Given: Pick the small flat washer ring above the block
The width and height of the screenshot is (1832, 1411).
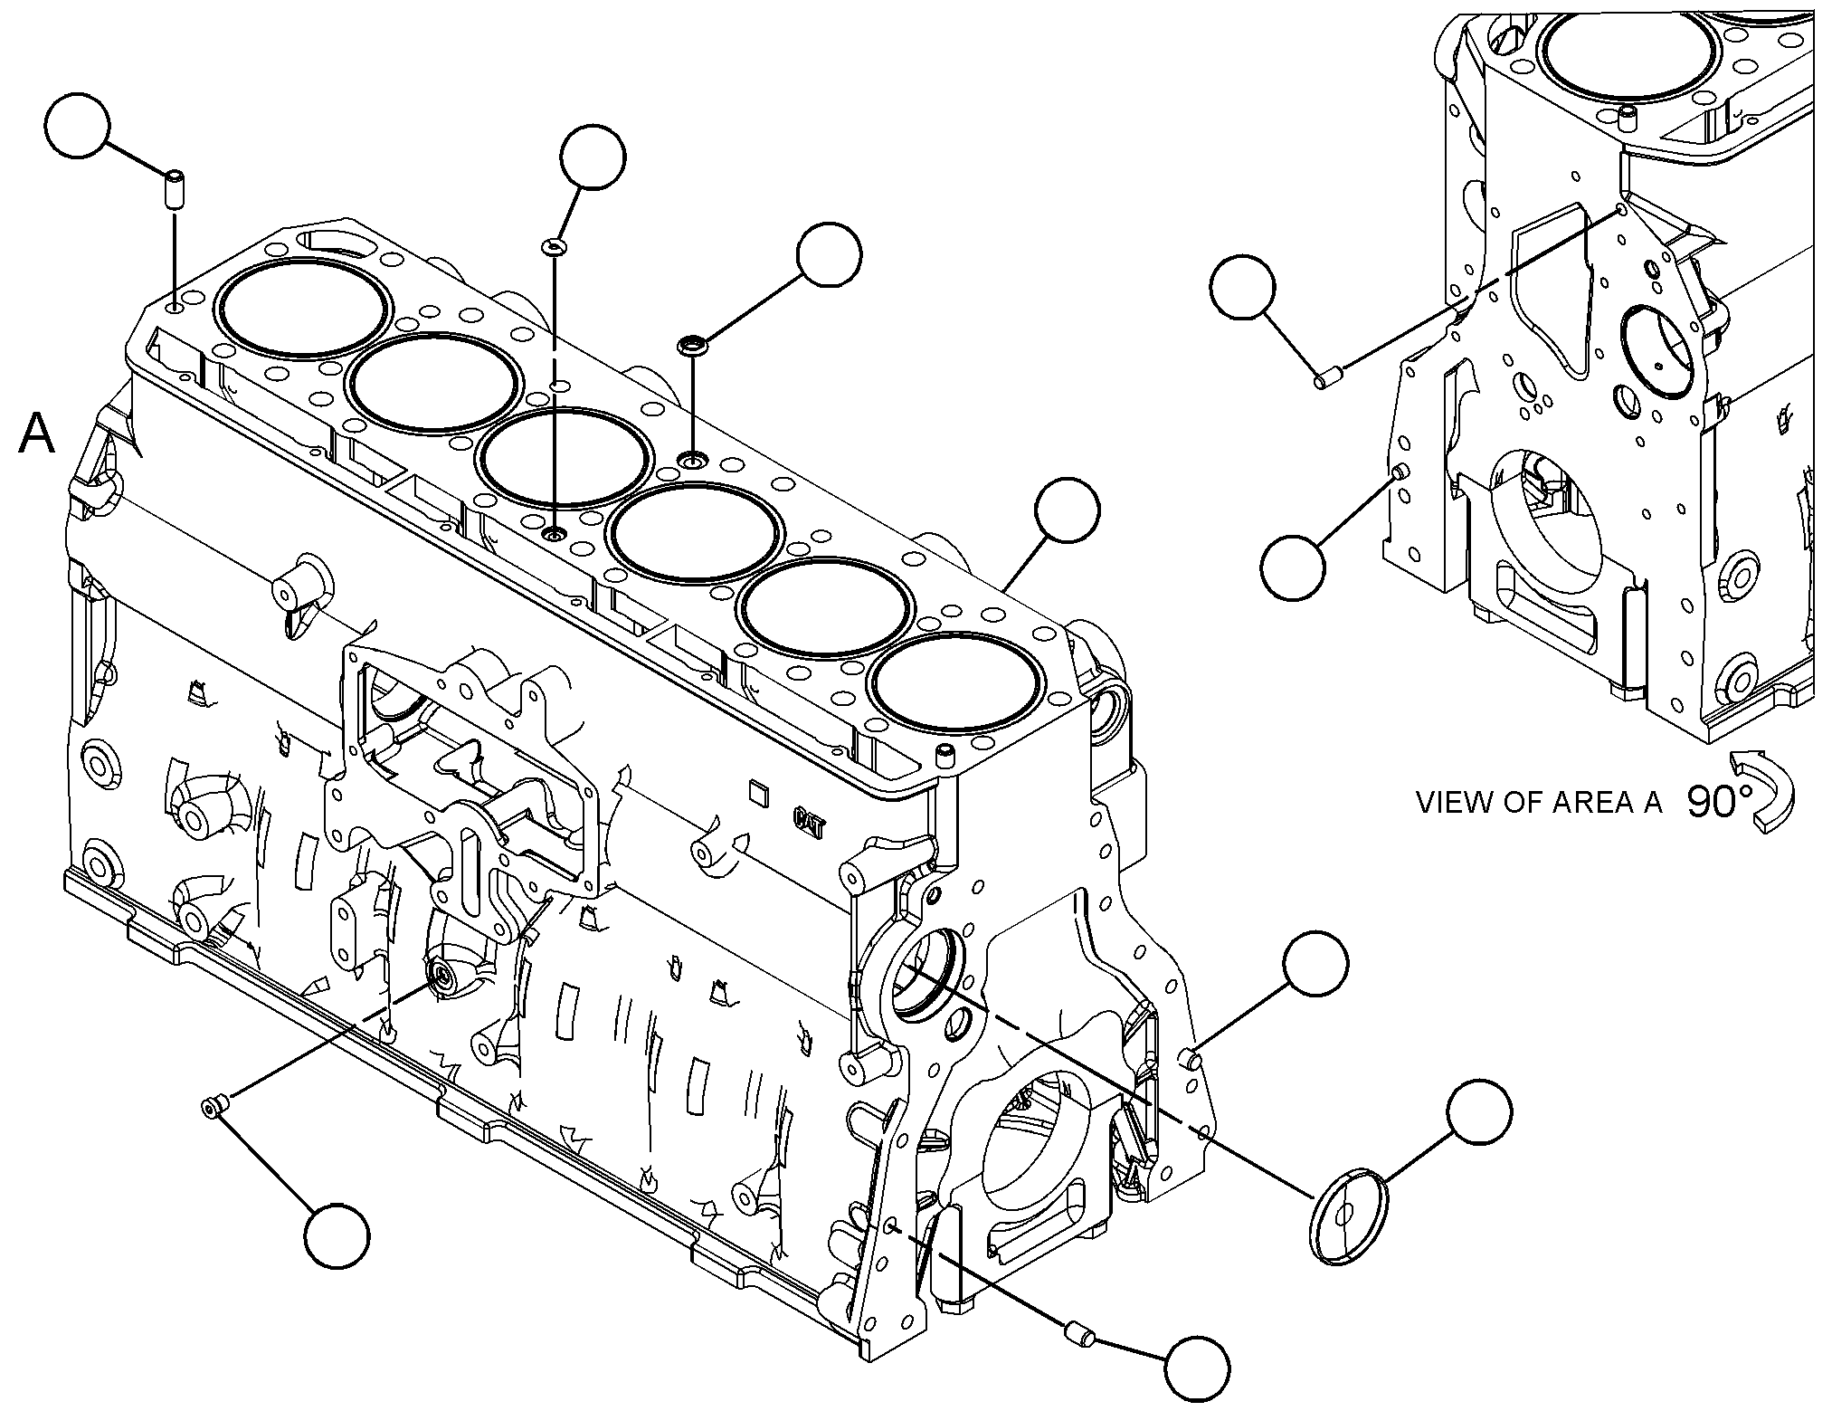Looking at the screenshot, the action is pyautogui.click(x=553, y=246).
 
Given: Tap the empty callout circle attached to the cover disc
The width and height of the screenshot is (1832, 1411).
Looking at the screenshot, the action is pyautogui.click(x=1478, y=1111).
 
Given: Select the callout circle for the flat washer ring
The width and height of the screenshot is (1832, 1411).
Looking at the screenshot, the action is pyautogui.click(x=593, y=157).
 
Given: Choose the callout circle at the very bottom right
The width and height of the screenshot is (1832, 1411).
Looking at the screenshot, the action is pyautogui.click(x=1197, y=1369).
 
